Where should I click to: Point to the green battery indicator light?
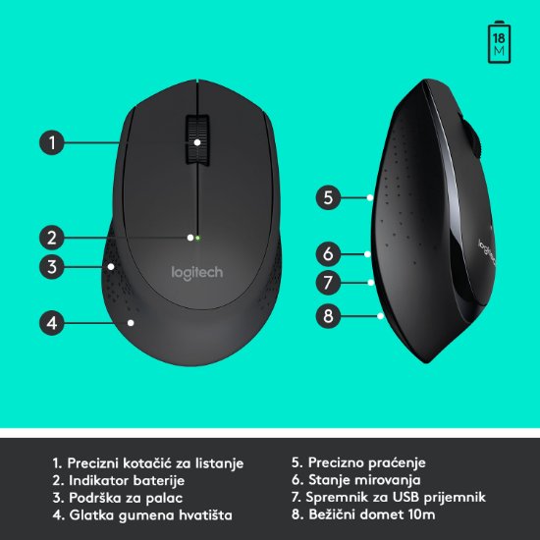pyautogui.click(x=197, y=237)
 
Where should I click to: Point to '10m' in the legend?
pyautogui.click(x=419, y=514)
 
